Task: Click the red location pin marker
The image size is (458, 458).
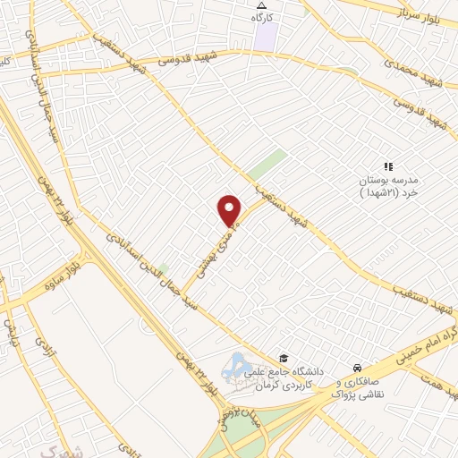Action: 230,209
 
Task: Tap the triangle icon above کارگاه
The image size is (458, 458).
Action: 260,6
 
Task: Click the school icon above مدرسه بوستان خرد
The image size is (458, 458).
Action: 388,166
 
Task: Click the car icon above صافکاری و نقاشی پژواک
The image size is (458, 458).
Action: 357,368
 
